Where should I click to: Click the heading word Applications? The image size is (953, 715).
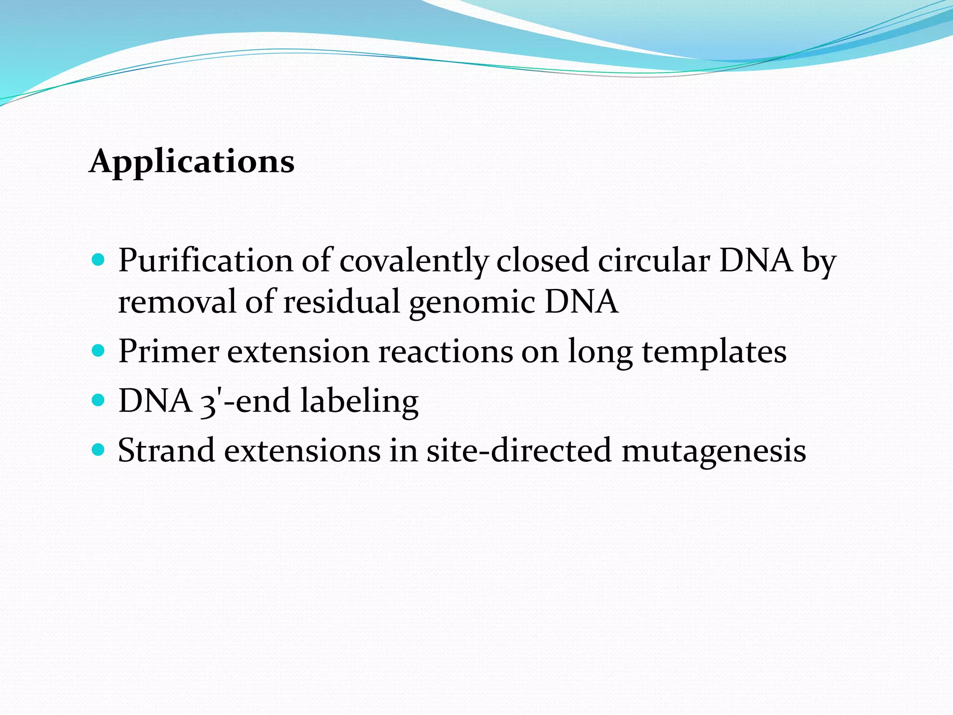coord(192,162)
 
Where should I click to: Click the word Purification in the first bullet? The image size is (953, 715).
coord(205,261)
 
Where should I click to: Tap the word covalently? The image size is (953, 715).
coord(414,261)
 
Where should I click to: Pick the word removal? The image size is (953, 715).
coord(177,302)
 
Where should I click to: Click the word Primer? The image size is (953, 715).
coord(168,351)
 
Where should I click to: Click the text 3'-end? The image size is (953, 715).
coord(245,401)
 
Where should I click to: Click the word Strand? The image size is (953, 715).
coord(166,451)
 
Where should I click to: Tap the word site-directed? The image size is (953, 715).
coord(518,451)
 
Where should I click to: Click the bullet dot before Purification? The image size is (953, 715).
coord(98,260)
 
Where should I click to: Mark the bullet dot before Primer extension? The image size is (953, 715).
coord(98,351)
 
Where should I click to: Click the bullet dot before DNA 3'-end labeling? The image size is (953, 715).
coord(98,400)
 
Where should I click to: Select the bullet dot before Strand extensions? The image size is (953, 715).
coord(98,450)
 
